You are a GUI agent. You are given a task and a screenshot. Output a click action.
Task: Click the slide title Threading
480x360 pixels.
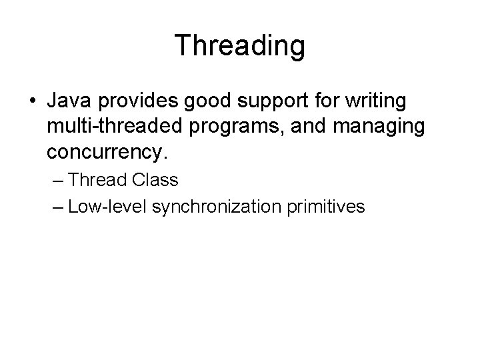point(240,45)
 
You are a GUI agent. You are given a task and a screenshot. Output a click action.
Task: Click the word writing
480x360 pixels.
point(376,103)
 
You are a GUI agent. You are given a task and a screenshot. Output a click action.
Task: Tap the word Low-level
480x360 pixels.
point(107,207)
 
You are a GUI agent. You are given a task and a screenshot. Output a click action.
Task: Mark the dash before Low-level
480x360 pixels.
point(57,207)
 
